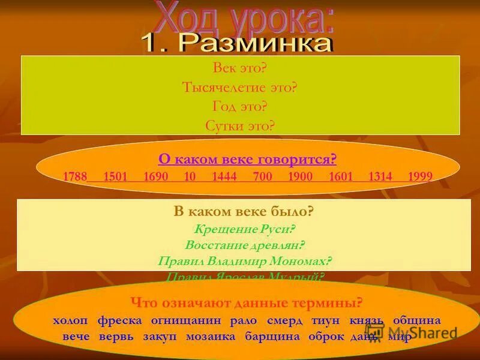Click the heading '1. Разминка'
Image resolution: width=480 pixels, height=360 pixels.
click(236, 43)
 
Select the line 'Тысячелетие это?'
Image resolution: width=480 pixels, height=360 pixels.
click(240, 88)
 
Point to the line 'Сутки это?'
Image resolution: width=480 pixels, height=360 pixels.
click(240, 125)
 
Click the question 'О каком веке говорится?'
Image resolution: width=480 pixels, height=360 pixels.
click(247, 159)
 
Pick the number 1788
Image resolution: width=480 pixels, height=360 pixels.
click(75, 176)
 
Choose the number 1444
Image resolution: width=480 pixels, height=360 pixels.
click(225, 176)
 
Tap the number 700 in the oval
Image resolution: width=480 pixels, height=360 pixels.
click(262, 176)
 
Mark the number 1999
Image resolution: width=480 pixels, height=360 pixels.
click(420, 176)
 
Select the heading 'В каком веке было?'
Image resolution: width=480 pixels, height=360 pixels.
click(244, 211)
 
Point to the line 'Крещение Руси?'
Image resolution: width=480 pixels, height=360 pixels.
click(244, 229)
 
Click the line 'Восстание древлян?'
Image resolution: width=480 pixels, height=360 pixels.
click(244, 245)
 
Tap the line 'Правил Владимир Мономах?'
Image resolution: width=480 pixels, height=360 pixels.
click(244, 261)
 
